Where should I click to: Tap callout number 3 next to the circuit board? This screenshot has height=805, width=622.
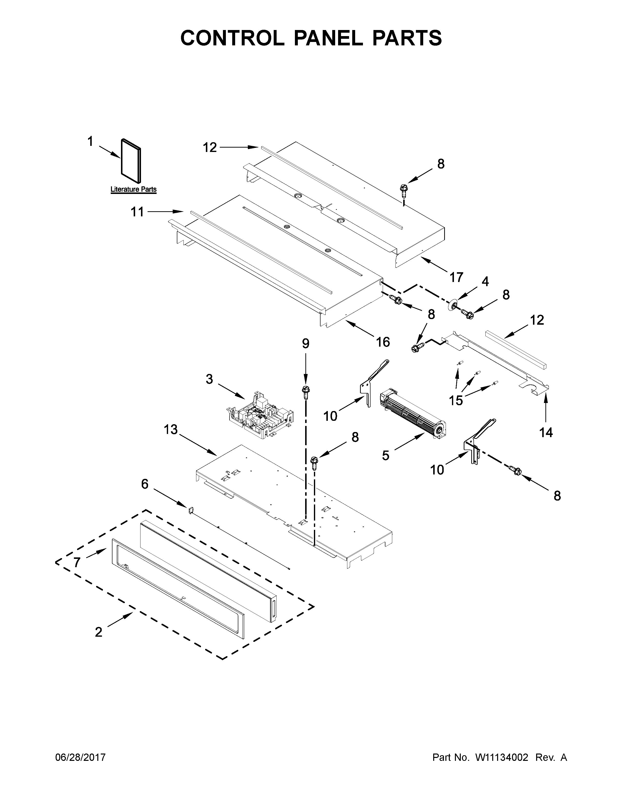209,379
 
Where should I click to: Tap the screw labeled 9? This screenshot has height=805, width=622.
305,392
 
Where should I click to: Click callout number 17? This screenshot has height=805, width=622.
456,277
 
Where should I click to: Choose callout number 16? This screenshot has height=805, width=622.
383,342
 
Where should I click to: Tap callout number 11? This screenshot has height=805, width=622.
137,212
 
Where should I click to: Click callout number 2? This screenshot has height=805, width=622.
98,632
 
